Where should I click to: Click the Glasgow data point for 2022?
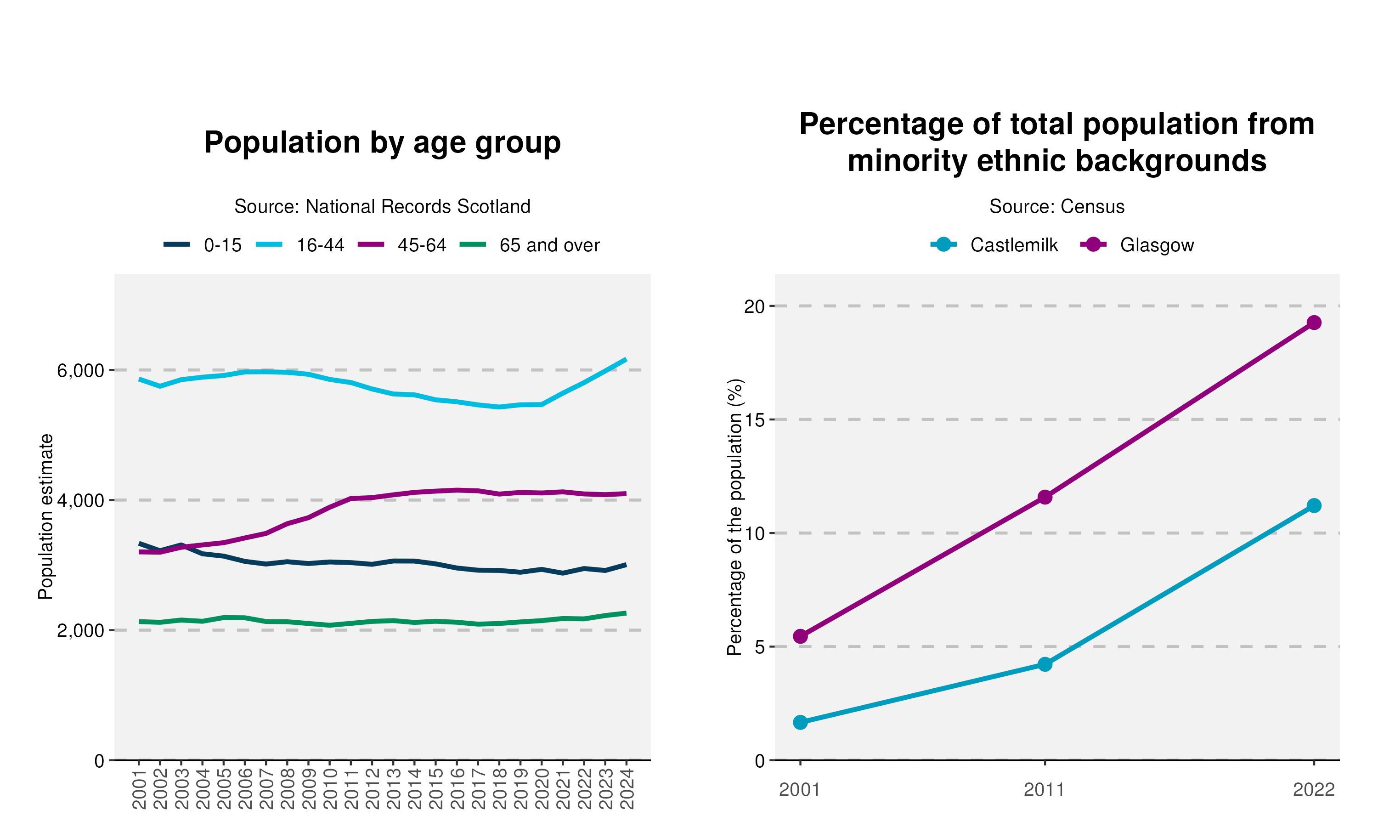click(1314, 323)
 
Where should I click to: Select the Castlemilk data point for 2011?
click(1045, 664)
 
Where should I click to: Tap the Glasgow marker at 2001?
click(801, 636)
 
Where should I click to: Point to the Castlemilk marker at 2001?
click(801, 723)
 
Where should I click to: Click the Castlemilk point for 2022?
click(1314, 505)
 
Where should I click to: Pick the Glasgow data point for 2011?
click(1045, 497)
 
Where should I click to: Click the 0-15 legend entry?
click(203, 245)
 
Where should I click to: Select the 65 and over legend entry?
click(530, 245)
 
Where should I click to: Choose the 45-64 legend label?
click(422, 245)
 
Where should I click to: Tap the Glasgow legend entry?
click(1137, 245)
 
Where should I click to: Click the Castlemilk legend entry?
click(994, 245)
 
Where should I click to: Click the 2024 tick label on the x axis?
click(627, 788)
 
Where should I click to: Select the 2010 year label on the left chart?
click(330, 788)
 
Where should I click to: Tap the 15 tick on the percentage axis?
click(755, 419)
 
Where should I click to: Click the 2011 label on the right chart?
click(1045, 790)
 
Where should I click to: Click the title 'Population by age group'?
click(382, 143)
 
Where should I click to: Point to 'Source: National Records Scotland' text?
click(382, 206)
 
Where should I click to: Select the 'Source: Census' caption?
click(1056, 206)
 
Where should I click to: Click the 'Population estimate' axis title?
click(45, 516)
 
